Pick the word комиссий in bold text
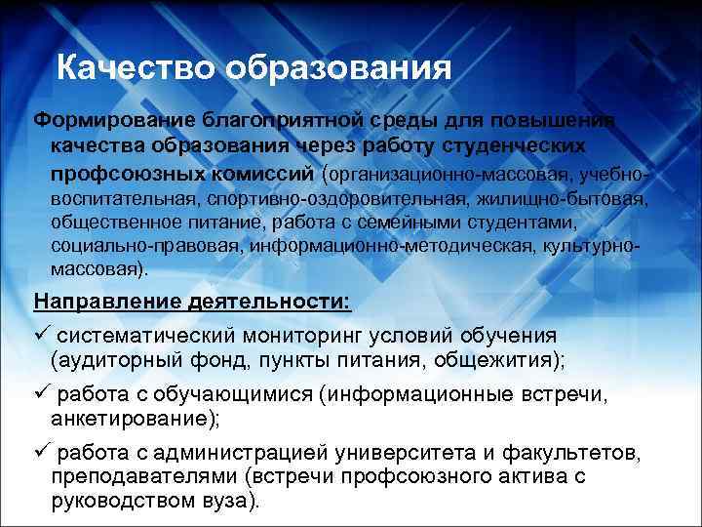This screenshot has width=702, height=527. click(272, 174)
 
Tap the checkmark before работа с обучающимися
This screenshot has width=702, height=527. click(42, 395)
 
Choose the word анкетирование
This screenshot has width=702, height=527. click(133, 420)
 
